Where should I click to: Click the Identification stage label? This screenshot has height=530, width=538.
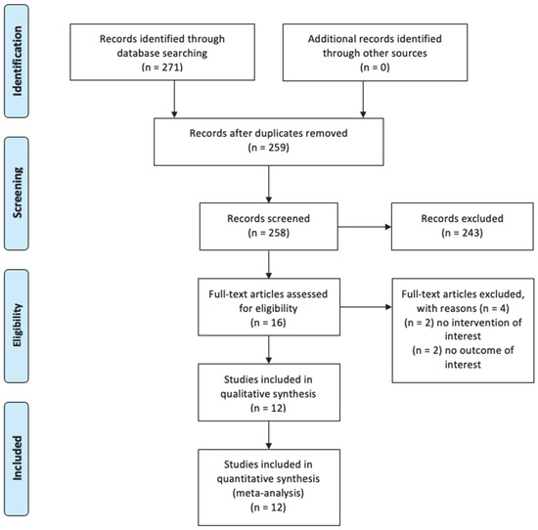(x=17, y=61)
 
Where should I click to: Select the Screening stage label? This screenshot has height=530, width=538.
(x=17, y=193)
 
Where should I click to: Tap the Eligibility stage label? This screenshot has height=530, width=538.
(x=17, y=326)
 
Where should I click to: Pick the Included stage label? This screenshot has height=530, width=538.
(x=17, y=458)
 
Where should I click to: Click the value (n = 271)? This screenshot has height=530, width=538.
(x=162, y=66)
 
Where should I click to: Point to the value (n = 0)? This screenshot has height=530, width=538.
(x=375, y=66)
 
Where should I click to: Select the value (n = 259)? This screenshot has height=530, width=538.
(x=269, y=148)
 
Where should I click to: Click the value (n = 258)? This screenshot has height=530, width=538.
(x=269, y=233)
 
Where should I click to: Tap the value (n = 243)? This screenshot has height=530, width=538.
(x=462, y=233)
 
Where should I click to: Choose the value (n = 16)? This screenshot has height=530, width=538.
(x=268, y=323)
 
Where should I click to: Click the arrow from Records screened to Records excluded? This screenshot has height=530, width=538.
(x=365, y=227)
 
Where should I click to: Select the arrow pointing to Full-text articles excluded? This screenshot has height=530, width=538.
(x=366, y=307)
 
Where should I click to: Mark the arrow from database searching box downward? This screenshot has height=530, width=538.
(x=174, y=99)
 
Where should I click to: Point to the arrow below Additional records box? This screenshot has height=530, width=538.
(x=363, y=100)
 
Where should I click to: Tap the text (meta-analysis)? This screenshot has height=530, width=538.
(x=268, y=493)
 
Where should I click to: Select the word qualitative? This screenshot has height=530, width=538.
(x=244, y=394)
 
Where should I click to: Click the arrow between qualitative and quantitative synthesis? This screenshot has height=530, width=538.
(x=269, y=435)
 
